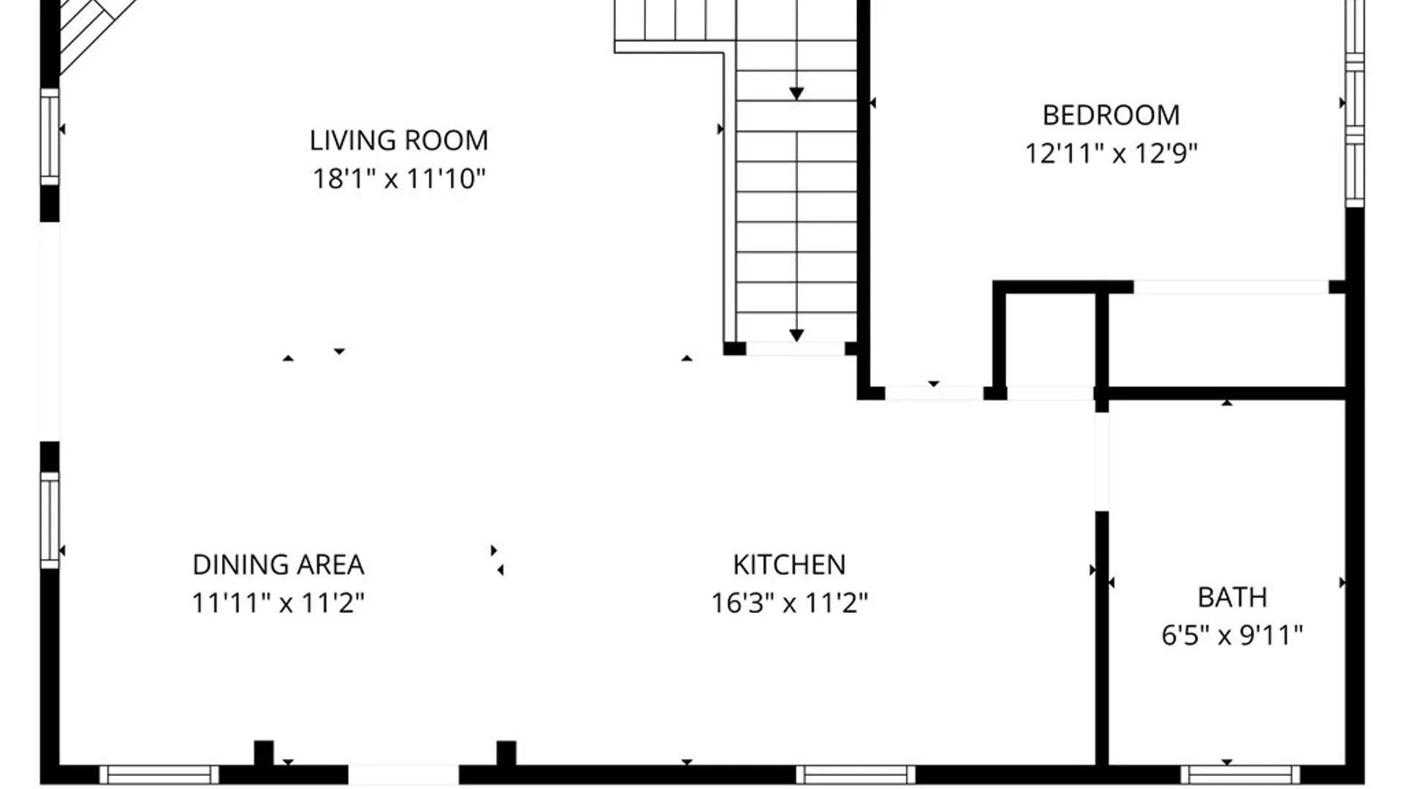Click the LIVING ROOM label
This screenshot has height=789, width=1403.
[x=399, y=140]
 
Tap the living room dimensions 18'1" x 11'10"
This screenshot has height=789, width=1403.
[x=399, y=178]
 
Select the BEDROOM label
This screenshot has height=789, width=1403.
[x=1111, y=115]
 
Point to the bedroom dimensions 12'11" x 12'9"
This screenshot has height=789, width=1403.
[x=1111, y=153]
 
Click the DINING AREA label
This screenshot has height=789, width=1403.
[x=278, y=565]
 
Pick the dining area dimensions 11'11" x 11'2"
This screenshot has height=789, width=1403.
[x=278, y=603]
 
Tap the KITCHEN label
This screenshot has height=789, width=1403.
[x=789, y=565]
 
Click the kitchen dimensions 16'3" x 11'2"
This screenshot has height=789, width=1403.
[x=789, y=603]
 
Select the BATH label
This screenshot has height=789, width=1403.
[x=1232, y=598]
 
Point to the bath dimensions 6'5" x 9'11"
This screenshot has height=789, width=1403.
[x=1232, y=635]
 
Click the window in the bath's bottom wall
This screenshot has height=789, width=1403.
[x=1240, y=774]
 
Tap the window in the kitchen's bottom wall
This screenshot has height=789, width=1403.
[x=856, y=774]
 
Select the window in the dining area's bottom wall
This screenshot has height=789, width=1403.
[x=159, y=774]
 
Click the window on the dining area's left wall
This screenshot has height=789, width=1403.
[x=50, y=520]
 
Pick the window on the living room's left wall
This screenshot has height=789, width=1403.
[x=50, y=137]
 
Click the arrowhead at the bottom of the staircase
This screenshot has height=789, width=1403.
[x=796, y=335]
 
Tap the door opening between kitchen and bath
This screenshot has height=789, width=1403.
[x=1102, y=462]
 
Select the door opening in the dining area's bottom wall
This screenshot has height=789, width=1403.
[x=403, y=774]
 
